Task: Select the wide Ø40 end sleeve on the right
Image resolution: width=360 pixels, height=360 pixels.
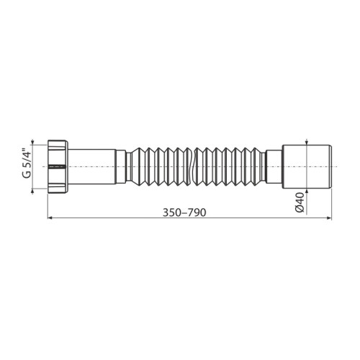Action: (x=306, y=166)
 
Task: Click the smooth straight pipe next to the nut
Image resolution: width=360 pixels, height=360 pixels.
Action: (x=92, y=166)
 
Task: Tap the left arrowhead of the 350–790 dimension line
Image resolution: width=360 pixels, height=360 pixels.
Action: (x=50, y=217)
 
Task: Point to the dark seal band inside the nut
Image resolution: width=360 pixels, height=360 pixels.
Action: (x=57, y=166)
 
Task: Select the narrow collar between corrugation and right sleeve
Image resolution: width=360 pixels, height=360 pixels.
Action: (x=274, y=166)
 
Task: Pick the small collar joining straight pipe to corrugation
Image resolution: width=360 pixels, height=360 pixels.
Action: (x=121, y=166)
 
